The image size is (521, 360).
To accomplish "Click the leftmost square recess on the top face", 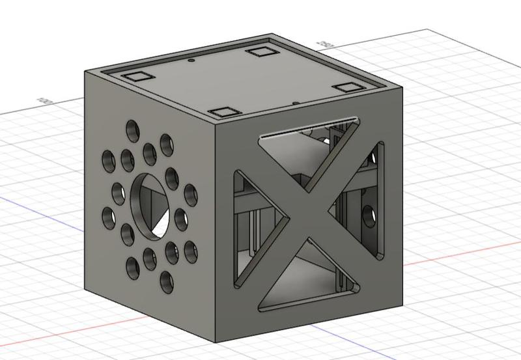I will (x=137, y=76).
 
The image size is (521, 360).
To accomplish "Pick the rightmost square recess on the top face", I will (x=348, y=87).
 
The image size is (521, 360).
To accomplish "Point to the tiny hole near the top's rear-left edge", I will (x=191, y=61).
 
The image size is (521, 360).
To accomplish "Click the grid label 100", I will (x=45, y=101).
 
